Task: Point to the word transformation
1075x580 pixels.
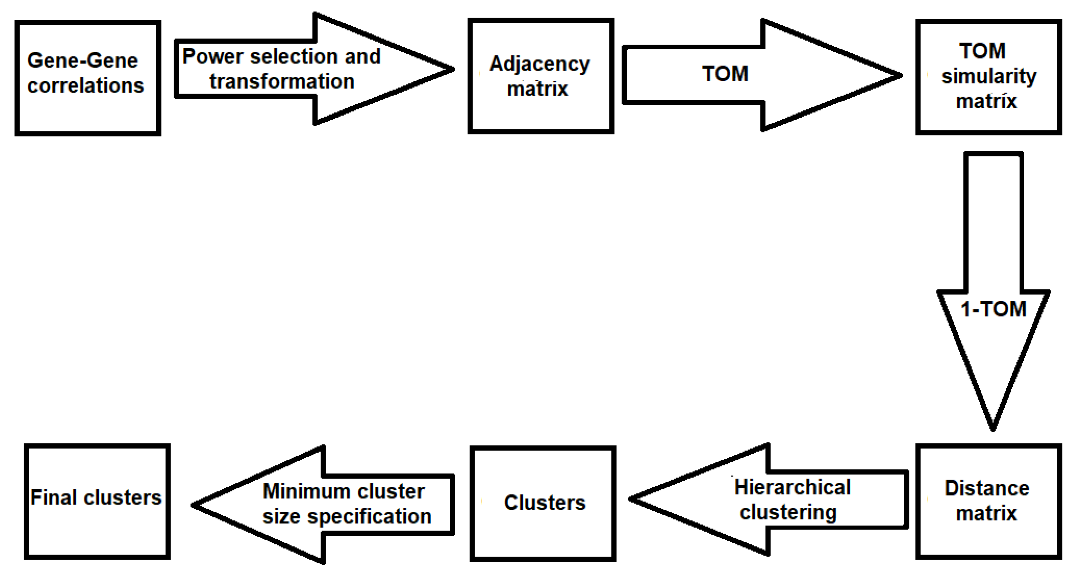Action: click(282, 81)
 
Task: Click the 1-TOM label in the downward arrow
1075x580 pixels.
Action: click(993, 309)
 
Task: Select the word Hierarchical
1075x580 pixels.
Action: click(792, 487)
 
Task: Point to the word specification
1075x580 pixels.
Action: click(369, 517)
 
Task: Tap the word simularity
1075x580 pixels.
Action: click(989, 76)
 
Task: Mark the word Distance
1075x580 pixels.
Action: click(987, 488)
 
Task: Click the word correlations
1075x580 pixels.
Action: click(86, 85)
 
